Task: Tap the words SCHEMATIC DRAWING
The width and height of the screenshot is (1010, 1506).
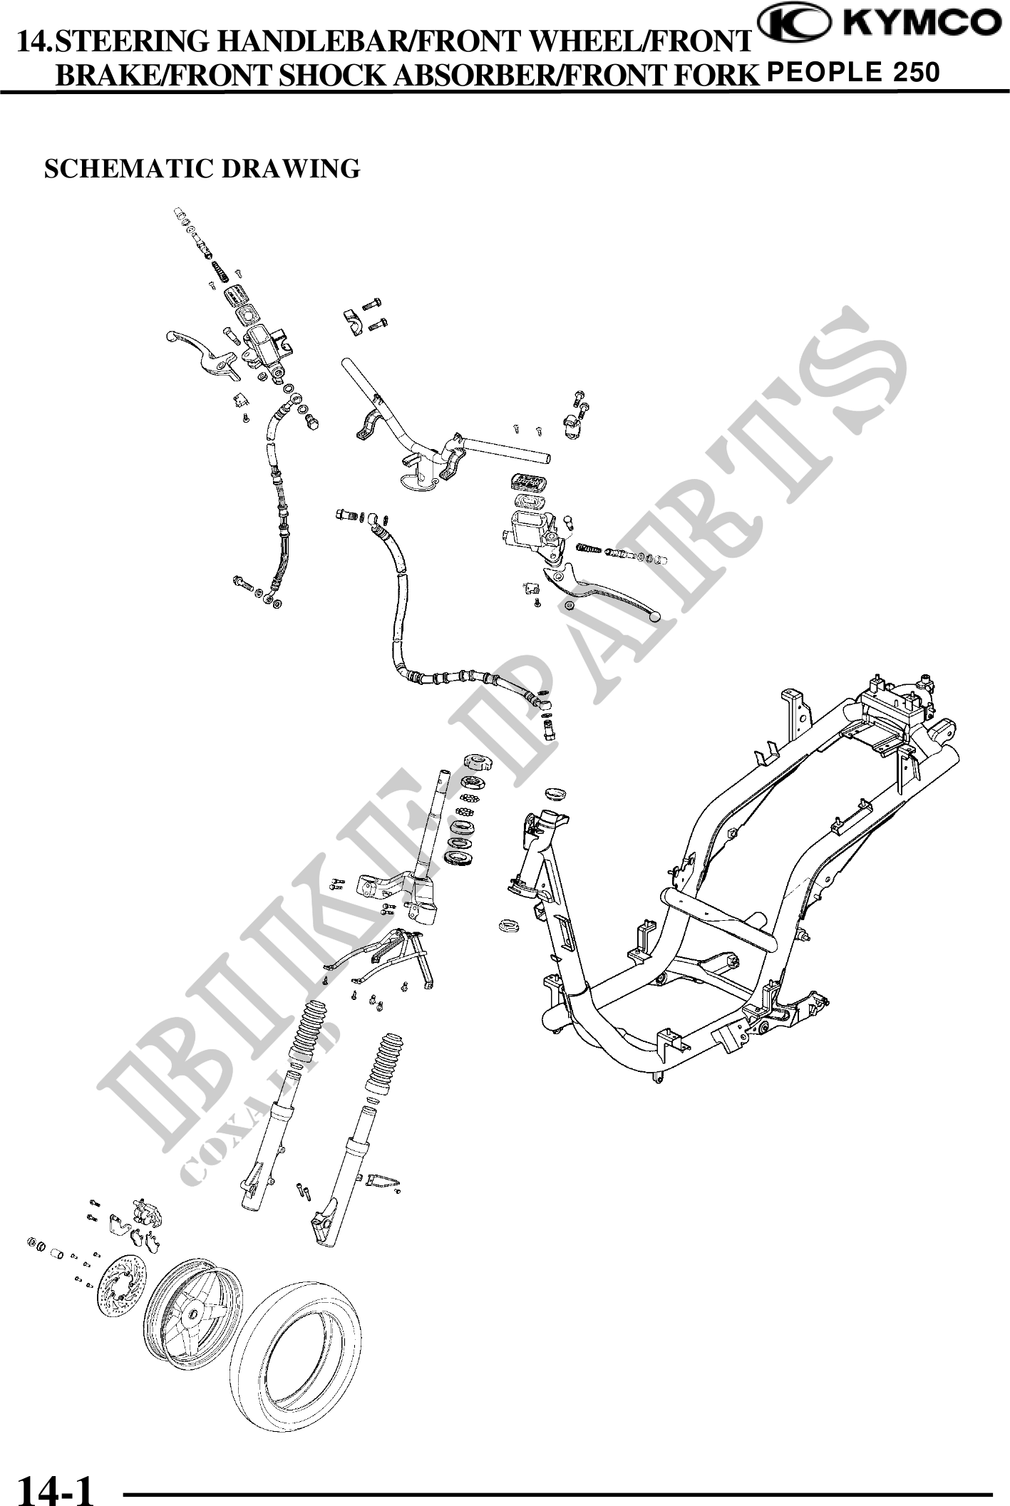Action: tap(202, 169)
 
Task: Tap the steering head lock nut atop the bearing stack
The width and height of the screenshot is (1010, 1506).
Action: tap(473, 762)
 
